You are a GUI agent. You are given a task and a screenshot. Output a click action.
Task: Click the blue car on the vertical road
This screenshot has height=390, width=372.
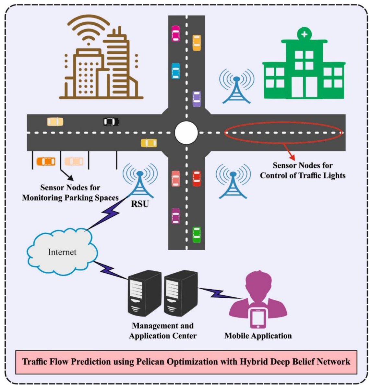click(x=175, y=71)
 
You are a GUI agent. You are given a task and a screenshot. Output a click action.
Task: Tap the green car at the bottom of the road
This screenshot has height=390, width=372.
click(x=197, y=234)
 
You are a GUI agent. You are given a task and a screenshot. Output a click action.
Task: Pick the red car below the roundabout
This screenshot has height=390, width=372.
click(x=197, y=178)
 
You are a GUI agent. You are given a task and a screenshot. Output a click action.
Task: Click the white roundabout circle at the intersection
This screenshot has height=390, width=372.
click(x=186, y=133)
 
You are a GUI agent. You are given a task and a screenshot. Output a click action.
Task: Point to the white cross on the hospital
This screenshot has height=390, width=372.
click(x=304, y=34)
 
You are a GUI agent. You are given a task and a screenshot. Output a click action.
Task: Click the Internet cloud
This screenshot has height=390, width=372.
click(x=62, y=251)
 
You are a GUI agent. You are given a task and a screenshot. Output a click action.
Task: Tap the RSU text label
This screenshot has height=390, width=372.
click(x=140, y=204)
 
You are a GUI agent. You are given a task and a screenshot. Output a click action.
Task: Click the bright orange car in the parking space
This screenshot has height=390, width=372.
click(x=46, y=161)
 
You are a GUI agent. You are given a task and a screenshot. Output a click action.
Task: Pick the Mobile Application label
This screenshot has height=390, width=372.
click(x=258, y=336)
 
